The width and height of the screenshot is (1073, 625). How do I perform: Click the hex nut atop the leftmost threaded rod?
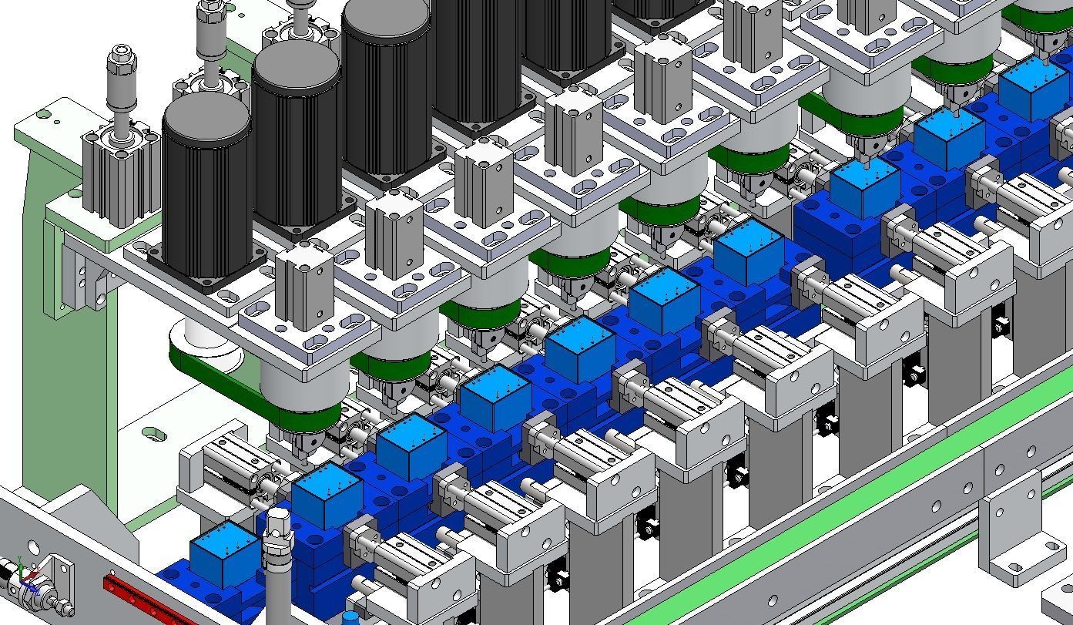122,55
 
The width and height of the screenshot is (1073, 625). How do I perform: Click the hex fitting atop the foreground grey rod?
278,525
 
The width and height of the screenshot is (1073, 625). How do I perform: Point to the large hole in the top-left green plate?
45,116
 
